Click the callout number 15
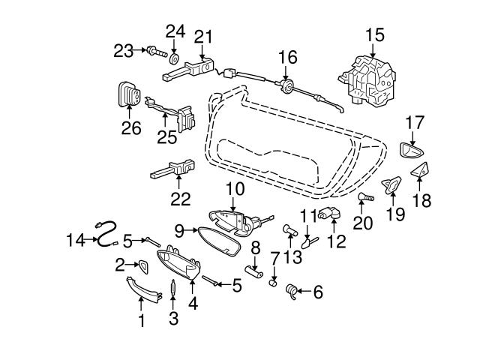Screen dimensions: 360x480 click(374, 34)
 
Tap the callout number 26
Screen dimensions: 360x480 click(131, 127)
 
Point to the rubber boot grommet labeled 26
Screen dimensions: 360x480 click(130, 95)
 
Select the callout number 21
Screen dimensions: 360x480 click(203, 36)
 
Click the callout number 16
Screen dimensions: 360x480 click(287, 56)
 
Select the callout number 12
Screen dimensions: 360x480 click(336, 241)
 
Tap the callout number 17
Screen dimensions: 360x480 click(415, 121)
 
